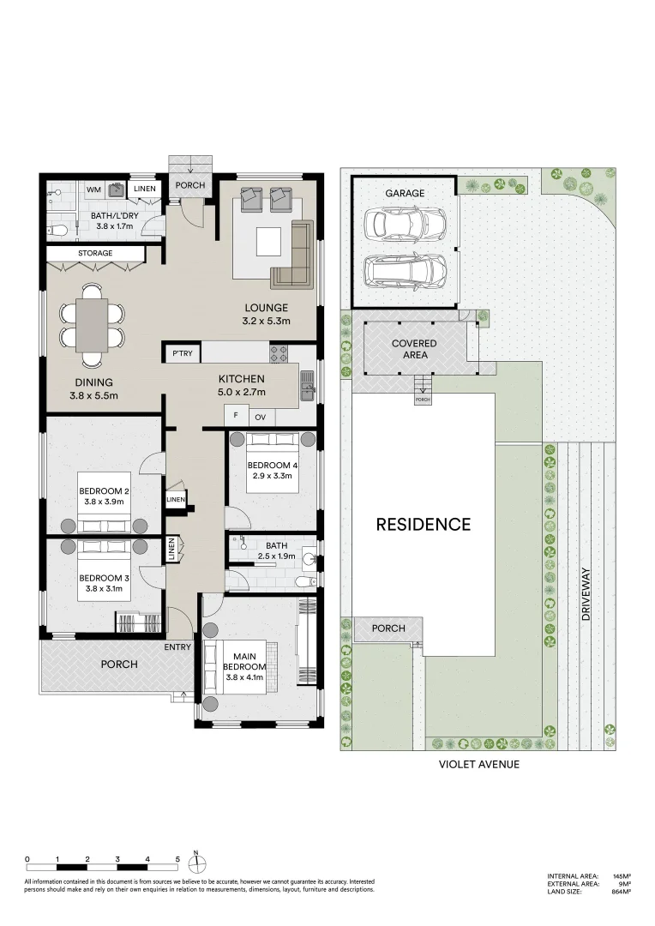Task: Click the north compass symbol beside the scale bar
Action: (x=196, y=864)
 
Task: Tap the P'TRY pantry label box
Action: (x=183, y=353)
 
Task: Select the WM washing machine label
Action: (x=94, y=189)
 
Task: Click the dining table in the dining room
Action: (x=92, y=325)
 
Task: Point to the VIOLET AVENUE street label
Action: (x=479, y=764)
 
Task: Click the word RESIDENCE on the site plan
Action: (x=424, y=525)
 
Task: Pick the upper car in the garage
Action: (x=405, y=223)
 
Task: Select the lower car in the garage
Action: (x=405, y=271)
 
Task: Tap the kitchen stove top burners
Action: (x=279, y=354)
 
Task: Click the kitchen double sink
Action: (x=307, y=384)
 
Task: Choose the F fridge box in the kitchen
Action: (x=236, y=415)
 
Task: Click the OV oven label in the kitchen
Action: (x=261, y=417)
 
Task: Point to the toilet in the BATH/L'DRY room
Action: (x=58, y=230)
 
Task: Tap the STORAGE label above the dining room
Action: (x=95, y=253)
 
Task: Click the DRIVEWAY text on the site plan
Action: (x=586, y=593)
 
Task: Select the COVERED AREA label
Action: (x=415, y=349)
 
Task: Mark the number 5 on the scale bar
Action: (x=177, y=859)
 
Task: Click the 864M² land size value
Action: (x=621, y=908)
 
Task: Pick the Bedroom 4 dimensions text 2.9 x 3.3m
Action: (x=273, y=475)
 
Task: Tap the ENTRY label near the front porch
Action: (x=177, y=647)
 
